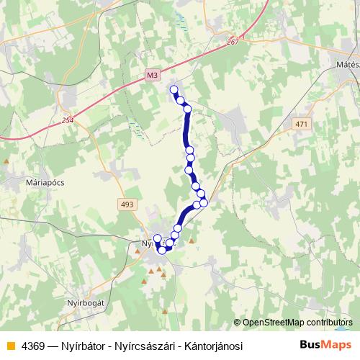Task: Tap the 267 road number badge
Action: coord(232,42)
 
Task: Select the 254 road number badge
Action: coord(68,120)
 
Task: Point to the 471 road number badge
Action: coord(301,125)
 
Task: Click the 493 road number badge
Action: coord(127,205)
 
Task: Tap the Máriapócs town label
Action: coord(45,182)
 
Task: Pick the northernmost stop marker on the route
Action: coord(174,89)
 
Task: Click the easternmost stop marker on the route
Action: coord(204,202)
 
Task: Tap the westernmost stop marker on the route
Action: coord(158,238)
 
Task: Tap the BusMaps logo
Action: coord(326,345)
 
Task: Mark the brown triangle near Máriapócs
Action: coord(6,161)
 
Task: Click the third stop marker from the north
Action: coord(187,109)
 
